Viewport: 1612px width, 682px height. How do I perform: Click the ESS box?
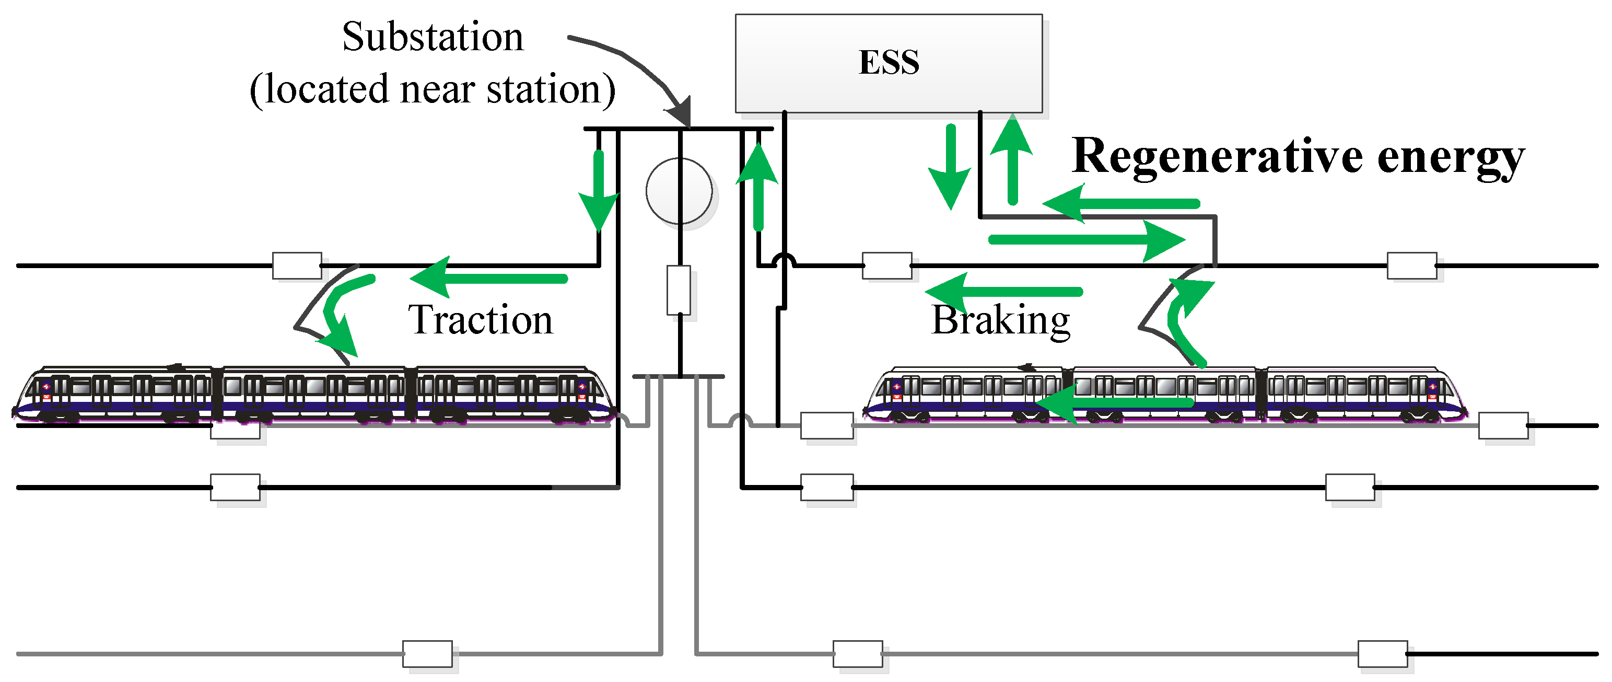(x=888, y=63)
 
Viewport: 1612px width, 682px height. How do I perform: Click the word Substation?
(x=433, y=37)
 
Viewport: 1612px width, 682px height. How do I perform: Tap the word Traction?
(x=481, y=320)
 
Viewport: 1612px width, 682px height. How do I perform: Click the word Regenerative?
(x=1217, y=156)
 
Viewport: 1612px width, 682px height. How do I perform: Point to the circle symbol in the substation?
(x=679, y=191)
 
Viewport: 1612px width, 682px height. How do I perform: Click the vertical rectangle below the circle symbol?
(x=679, y=290)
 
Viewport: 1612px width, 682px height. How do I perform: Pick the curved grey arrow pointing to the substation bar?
(x=632, y=69)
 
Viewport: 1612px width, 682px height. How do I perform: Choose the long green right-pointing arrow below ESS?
(x=1085, y=240)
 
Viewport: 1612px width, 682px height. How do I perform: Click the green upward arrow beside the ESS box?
(x=1012, y=160)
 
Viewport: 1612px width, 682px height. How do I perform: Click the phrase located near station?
(x=433, y=89)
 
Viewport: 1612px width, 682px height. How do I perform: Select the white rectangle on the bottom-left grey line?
(x=427, y=654)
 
